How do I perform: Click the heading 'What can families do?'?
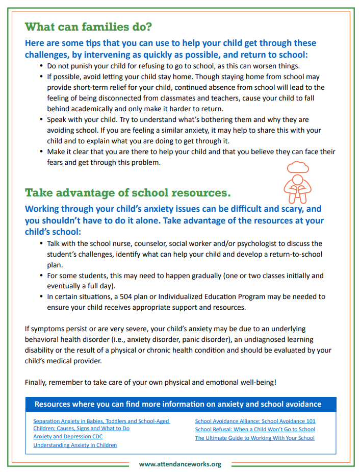click(88, 26)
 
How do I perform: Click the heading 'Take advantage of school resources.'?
click(127, 193)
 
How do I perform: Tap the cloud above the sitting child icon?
click(297, 166)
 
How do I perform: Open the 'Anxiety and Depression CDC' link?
click(68, 437)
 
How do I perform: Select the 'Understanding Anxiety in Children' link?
click(75, 445)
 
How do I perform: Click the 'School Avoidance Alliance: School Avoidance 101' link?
click(255, 421)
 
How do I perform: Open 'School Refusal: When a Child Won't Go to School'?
click(255, 429)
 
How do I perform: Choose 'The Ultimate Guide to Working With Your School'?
click(254, 438)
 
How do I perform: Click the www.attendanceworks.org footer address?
click(180, 464)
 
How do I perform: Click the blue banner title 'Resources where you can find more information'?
click(177, 404)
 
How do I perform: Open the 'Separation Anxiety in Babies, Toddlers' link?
click(101, 421)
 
